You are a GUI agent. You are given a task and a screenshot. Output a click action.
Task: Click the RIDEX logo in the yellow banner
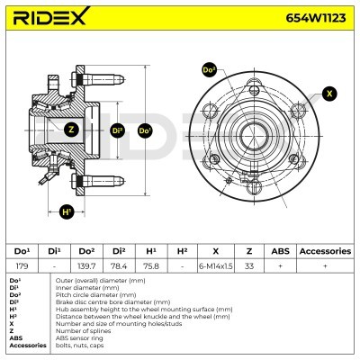point(51,16)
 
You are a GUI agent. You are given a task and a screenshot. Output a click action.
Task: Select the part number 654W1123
point(316,18)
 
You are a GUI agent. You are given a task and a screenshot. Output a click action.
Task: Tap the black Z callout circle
point(71,130)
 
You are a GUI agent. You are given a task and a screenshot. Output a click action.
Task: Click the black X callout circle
point(329,94)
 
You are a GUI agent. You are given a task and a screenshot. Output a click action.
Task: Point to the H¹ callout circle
point(67,211)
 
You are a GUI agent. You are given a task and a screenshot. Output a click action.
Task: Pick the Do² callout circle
point(210,70)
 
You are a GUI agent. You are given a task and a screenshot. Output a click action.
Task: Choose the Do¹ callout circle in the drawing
point(145,130)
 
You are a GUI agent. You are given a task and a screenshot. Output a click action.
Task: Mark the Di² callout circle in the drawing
point(118,130)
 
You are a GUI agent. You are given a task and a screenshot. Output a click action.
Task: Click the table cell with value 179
point(22,265)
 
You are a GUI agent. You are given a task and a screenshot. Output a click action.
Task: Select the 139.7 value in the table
point(86,265)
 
